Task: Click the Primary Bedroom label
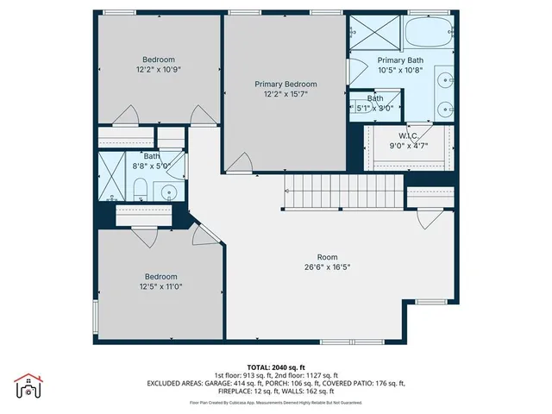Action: coord(285,84)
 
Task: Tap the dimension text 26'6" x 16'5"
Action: coord(327,267)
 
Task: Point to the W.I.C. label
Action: coord(408,136)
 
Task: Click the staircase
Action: coord(342,190)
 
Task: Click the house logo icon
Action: coord(28,388)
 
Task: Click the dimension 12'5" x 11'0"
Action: coord(160,286)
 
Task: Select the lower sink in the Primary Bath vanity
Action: coord(445,109)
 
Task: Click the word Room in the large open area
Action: coord(327,256)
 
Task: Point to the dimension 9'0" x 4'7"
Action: coord(408,147)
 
